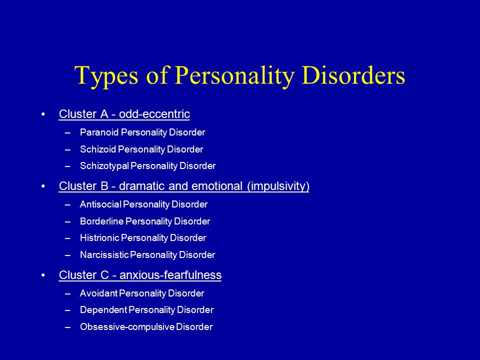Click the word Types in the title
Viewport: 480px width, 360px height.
106,76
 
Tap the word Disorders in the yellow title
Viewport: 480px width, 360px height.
353,75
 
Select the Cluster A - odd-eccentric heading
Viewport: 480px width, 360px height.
124,114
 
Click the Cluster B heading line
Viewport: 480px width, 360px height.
184,186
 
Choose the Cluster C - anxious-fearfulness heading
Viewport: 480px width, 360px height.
140,275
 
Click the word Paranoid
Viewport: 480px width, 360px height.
99,132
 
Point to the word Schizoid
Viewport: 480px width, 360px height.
98,149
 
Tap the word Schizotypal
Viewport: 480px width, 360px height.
104,166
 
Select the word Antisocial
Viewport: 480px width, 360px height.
100,204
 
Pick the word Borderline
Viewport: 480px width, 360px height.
101,221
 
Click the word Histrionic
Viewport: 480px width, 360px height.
99,238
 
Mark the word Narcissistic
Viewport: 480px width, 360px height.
104,254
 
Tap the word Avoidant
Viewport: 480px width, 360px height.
98,293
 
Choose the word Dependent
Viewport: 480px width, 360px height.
103,310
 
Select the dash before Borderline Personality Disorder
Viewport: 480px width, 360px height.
67,221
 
